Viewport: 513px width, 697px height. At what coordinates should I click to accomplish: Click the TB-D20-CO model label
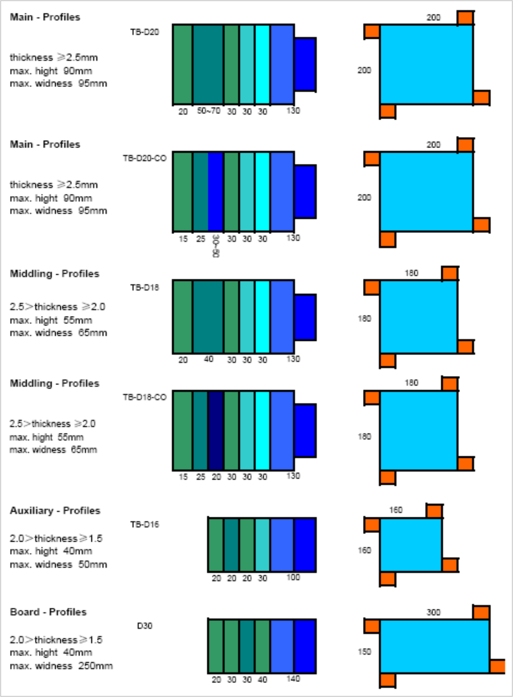[x=145, y=158]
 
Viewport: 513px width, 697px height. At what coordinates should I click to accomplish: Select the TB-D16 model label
[x=145, y=524]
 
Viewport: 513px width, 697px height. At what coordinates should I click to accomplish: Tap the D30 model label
[x=145, y=626]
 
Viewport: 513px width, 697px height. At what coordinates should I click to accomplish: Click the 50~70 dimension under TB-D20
[x=209, y=111]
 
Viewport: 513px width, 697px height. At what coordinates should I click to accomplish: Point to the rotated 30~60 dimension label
[x=216, y=246]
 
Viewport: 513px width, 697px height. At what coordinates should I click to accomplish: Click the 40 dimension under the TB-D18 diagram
[x=209, y=359]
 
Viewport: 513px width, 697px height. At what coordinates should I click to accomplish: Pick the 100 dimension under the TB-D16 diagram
[x=293, y=577]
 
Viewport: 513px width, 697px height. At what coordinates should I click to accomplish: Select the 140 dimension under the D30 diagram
[x=293, y=679]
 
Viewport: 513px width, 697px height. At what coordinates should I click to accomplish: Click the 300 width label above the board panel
[x=433, y=612]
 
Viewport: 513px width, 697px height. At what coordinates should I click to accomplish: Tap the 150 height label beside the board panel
[x=364, y=652]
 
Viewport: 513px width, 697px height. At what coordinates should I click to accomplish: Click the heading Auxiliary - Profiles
[x=55, y=510]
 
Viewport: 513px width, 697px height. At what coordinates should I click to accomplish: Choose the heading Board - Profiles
[x=48, y=612]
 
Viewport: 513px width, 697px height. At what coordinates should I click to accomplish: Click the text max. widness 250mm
[x=61, y=666]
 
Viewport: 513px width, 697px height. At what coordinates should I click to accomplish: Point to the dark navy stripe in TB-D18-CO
[x=216, y=430]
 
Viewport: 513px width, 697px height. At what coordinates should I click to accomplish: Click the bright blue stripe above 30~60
[x=216, y=192]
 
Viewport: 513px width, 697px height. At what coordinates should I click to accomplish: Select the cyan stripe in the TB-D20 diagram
[x=262, y=64]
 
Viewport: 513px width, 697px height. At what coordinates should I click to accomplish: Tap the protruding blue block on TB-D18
[x=305, y=317]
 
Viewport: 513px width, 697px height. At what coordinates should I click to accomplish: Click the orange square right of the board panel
[x=497, y=666]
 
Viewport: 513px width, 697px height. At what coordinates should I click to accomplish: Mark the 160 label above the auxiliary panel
[x=396, y=510]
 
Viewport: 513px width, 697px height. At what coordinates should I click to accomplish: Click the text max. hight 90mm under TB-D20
[x=51, y=71]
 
